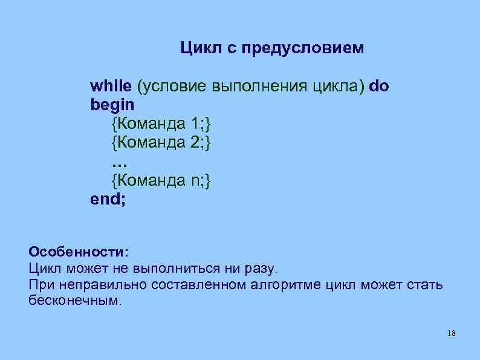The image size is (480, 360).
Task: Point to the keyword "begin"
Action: pos(112,105)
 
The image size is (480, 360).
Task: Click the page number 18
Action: pos(452,334)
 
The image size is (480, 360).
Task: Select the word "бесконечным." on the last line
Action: pos(75,301)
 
